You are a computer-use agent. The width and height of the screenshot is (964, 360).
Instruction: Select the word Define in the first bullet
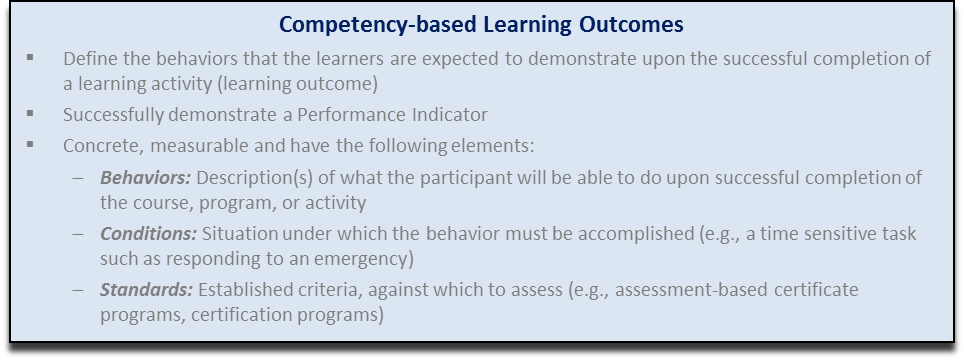pos(85,59)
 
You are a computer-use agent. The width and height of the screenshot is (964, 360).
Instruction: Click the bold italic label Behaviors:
pos(146,178)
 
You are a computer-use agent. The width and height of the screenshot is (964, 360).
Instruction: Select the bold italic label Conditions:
pos(148,234)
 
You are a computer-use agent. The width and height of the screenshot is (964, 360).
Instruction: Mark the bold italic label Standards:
pos(146,290)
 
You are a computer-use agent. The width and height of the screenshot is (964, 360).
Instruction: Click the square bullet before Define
pos(32,58)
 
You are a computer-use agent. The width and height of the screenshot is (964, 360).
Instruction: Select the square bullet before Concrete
pos(32,145)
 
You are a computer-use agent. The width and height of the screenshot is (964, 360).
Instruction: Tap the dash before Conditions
pos(78,234)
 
